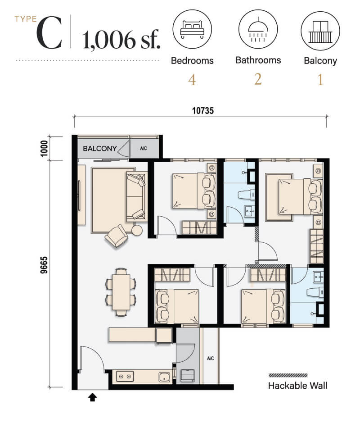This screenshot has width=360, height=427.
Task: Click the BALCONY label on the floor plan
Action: tap(99, 149)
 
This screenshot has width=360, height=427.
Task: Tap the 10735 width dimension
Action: tap(203, 110)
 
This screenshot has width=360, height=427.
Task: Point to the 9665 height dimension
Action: tap(44, 265)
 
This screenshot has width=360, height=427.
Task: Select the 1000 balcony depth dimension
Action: tap(44, 149)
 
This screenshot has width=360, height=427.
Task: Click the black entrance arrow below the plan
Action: tap(93, 397)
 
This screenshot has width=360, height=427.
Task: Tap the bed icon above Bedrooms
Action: tap(192, 29)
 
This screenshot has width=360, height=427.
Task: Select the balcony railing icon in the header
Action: tap(320, 32)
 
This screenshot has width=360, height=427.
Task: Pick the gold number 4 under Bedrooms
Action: tap(192, 80)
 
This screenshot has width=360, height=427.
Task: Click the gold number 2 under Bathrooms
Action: tap(258, 79)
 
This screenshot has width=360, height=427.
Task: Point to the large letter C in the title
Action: tap(49, 33)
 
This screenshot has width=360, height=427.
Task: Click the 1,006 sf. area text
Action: tap(121, 40)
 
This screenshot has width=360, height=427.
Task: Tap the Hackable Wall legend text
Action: tap(298, 386)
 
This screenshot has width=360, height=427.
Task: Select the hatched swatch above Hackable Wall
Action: tap(288, 375)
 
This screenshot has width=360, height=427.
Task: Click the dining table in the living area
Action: tap(121, 292)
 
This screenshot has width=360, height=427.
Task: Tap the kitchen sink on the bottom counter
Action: tap(164, 377)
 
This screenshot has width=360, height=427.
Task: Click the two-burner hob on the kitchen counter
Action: tap(125, 377)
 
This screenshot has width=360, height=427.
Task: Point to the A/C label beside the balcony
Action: tap(144, 149)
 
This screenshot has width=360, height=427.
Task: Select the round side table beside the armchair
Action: tap(137, 230)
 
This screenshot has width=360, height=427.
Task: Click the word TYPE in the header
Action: tap(26, 19)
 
